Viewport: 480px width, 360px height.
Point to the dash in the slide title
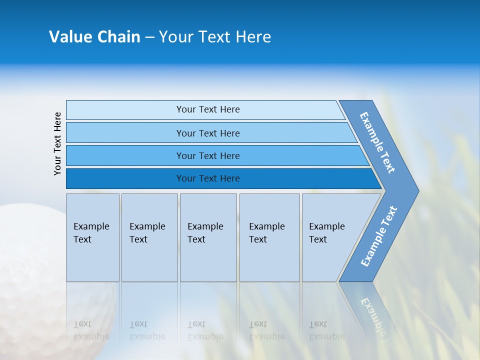(149, 37)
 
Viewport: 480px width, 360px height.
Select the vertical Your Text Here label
(57, 143)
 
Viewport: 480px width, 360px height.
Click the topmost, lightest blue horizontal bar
(208, 109)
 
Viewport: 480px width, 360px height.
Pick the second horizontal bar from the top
(208, 133)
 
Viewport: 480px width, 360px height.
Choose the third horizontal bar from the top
(208, 155)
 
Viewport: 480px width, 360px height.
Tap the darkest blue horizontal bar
(208, 178)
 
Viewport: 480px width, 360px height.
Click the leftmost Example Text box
(92, 237)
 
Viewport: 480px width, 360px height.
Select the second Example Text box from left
(149, 237)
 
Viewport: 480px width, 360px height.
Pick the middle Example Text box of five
(208, 237)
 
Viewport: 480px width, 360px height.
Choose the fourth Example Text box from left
(269, 237)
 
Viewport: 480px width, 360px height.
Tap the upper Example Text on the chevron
(377, 142)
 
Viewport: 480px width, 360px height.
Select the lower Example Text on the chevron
(379, 236)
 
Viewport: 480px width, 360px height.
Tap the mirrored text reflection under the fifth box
(326, 330)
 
